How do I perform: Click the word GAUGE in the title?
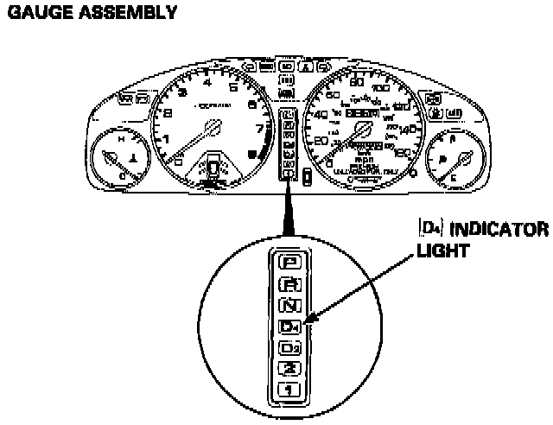tap(34, 13)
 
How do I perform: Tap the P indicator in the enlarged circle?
tap(289, 259)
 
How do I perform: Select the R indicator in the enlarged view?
tap(289, 282)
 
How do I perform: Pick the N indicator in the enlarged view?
tap(289, 304)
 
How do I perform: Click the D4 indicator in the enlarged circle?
tap(289, 327)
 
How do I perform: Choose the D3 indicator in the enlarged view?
tap(289, 348)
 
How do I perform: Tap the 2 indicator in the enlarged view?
tap(289, 370)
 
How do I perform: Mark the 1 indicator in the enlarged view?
tap(289, 390)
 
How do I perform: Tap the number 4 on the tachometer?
tap(207, 83)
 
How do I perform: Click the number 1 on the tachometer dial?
tap(167, 138)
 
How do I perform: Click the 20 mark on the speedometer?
tap(323, 142)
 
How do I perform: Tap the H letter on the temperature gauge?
tap(120, 138)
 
